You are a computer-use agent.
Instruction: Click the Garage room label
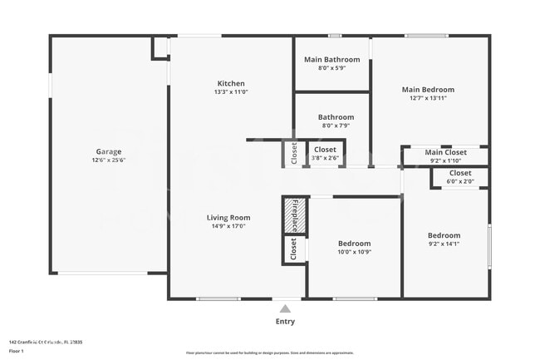pos(109,151)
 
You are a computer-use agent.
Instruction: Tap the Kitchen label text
pos(231,83)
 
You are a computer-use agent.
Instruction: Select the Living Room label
pos(228,218)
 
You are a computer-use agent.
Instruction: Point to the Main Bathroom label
pos(331,60)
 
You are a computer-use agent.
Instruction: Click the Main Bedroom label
pos(428,90)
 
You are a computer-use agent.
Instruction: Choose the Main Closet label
pos(445,152)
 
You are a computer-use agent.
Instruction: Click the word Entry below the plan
pos(285,321)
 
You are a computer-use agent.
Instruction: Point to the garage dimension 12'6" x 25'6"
pos(109,160)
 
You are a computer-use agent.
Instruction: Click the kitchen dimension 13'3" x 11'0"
pos(231,92)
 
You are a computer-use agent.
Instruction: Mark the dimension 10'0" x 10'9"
pos(354,252)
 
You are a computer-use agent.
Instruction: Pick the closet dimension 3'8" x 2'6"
pos(325,158)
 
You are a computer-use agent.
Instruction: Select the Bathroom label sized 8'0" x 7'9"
pos(336,117)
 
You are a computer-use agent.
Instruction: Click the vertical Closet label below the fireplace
pos(293,248)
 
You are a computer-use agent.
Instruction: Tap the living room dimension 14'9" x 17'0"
pos(228,226)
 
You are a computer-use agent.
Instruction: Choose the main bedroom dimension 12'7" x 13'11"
pos(428,98)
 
